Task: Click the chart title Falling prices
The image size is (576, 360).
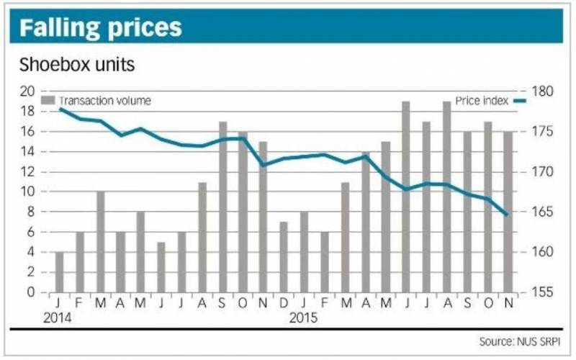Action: click(101, 27)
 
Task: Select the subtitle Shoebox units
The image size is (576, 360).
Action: click(77, 65)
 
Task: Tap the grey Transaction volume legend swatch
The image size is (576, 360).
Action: click(48, 100)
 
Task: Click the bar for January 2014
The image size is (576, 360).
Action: click(59, 272)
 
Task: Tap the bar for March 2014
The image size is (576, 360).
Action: click(100, 242)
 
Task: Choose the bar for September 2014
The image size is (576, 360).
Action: click(222, 207)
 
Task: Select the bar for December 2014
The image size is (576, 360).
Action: click(283, 257)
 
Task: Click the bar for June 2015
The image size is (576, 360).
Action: click(405, 197)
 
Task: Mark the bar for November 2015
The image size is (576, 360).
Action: click(508, 212)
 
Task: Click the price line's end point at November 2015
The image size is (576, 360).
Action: click(508, 215)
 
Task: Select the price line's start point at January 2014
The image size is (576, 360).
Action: click(60, 108)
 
